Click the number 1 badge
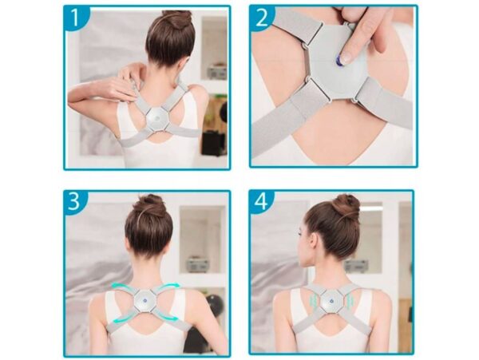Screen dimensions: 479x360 (76, 18)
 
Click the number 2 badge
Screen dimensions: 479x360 (261, 18)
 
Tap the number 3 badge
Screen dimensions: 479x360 (75, 202)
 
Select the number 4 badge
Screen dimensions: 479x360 (260, 202)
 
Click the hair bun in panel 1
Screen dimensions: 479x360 (178, 19)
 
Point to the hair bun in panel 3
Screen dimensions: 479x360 (151, 204)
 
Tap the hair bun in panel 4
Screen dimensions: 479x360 (346, 204)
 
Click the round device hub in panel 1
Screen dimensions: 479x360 (157, 118)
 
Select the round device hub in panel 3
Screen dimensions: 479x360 (145, 300)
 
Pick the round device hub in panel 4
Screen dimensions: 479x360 (331, 301)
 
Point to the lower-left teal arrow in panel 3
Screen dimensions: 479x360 (123, 318)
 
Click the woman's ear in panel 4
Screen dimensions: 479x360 (311, 241)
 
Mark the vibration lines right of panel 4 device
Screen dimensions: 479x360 (350, 302)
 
